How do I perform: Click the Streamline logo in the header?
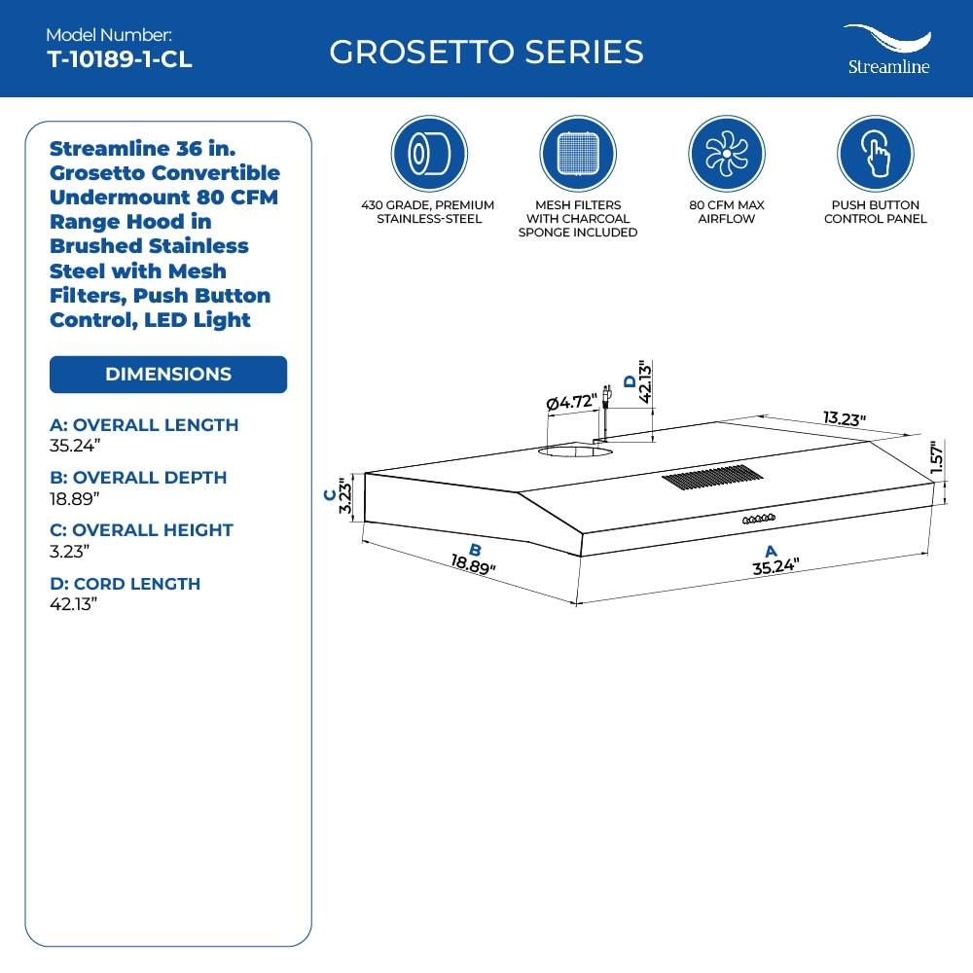click(x=885, y=50)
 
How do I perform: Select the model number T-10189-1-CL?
click(x=120, y=59)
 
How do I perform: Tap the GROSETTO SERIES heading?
click(x=486, y=52)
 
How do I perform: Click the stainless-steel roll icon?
click(x=428, y=156)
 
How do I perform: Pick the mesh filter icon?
click(x=577, y=156)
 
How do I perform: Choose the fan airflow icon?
click(x=726, y=156)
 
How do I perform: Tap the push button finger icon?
click(x=875, y=156)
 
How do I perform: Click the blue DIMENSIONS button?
click(x=168, y=375)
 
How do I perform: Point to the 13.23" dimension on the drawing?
click(x=844, y=418)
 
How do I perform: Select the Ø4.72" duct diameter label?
click(x=572, y=402)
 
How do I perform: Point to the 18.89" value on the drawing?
click(x=474, y=563)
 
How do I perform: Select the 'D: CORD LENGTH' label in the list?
click(x=125, y=584)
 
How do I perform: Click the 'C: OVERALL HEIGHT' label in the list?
click(x=141, y=530)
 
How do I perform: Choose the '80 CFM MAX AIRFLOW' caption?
click(x=726, y=212)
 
